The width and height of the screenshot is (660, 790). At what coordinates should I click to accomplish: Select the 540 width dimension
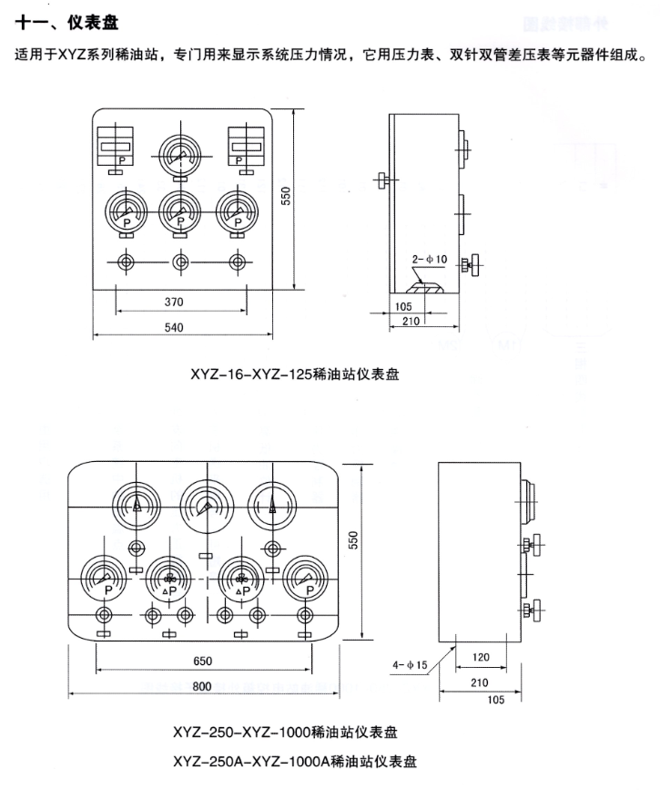[x=183, y=329]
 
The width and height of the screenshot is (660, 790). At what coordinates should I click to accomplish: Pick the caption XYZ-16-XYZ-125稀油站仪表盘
[x=296, y=372]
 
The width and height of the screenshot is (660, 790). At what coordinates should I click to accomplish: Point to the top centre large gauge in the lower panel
[x=204, y=507]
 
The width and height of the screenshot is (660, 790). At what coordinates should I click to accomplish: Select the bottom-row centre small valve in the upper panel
[x=179, y=262]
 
